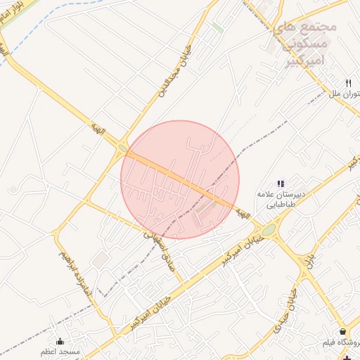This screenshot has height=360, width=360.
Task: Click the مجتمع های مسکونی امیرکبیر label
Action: click(x=304, y=44)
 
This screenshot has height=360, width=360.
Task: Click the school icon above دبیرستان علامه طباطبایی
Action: click(x=281, y=184)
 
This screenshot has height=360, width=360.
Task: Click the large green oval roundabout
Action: click(x=269, y=229)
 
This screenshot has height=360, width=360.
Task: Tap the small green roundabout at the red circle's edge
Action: click(x=123, y=148)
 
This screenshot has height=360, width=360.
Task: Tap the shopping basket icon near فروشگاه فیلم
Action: click(x=342, y=331)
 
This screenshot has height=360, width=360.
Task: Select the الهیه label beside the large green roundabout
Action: click(x=243, y=212)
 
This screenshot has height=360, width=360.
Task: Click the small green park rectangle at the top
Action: click(x=218, y=27)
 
